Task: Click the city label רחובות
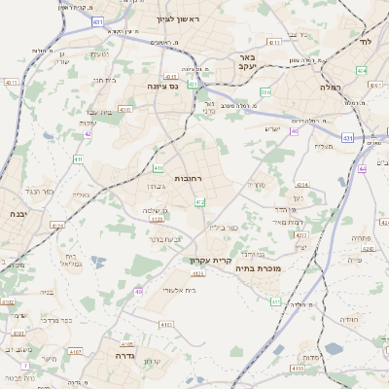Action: [187, 179]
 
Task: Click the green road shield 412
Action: [199, 201]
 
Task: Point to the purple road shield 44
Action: [361, 168]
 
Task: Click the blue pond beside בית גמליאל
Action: [95, 261]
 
